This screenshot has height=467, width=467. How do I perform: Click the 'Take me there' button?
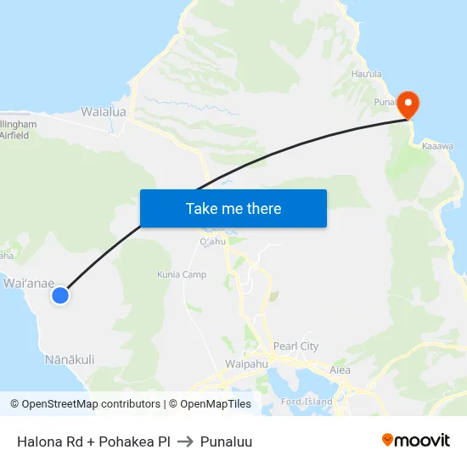click(233, 208)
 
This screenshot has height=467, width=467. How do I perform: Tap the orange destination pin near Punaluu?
click(408, 104)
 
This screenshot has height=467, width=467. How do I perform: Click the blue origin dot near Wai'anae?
click(59, 295)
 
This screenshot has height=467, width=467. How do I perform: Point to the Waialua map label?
click(104, 111)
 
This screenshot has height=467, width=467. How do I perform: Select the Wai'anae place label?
click(30, 282)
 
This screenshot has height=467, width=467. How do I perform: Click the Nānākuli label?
click(70, 359)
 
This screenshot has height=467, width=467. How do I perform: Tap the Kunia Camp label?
click(182, 274)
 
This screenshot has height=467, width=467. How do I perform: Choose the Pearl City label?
click(296, 346)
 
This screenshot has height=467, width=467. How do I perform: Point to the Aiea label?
click(340, 369)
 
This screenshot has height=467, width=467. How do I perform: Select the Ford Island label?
click(307, 401)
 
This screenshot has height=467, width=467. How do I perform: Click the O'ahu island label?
click(211, 242)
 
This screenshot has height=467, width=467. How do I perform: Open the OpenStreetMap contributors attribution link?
click(91, 404)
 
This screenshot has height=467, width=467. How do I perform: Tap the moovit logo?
click(416, 441)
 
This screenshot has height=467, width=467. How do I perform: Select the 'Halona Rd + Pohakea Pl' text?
click(93, 442)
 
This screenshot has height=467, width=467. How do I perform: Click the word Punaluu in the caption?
click(227, 442)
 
